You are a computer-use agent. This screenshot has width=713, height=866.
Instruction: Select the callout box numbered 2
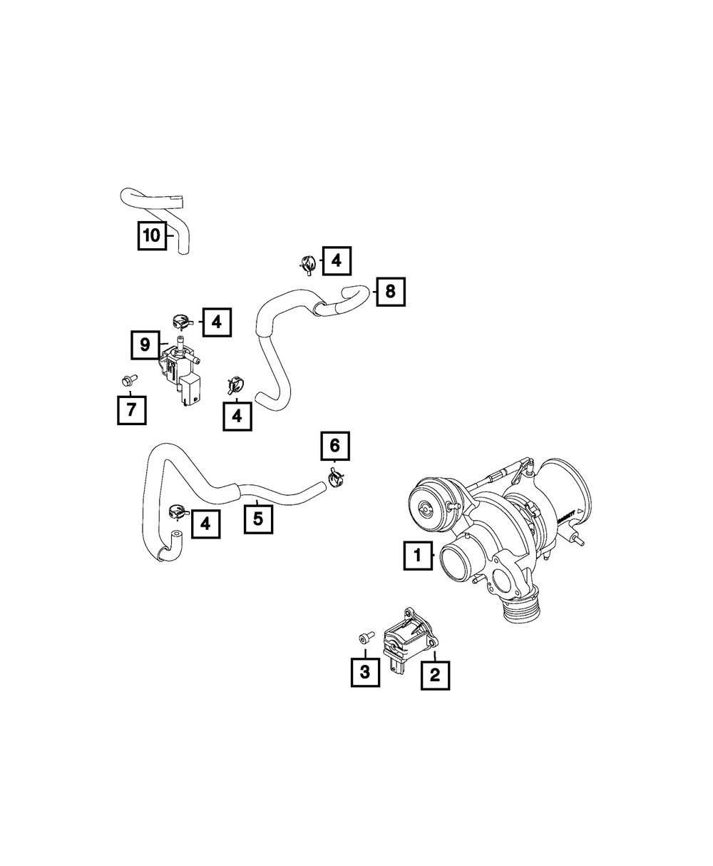pyautogui.click(x=435, y=673)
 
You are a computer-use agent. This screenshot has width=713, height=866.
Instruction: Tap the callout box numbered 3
pyautogui.click(x=365, y=671)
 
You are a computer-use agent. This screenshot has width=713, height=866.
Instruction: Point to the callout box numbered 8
pyautogui.click(x=390, y=291)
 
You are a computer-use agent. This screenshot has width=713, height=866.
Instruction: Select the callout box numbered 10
pyautogui.click(x=152, y=235)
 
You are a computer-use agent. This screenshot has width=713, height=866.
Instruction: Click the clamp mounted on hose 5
pyautogui.click(x=176, y=513)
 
